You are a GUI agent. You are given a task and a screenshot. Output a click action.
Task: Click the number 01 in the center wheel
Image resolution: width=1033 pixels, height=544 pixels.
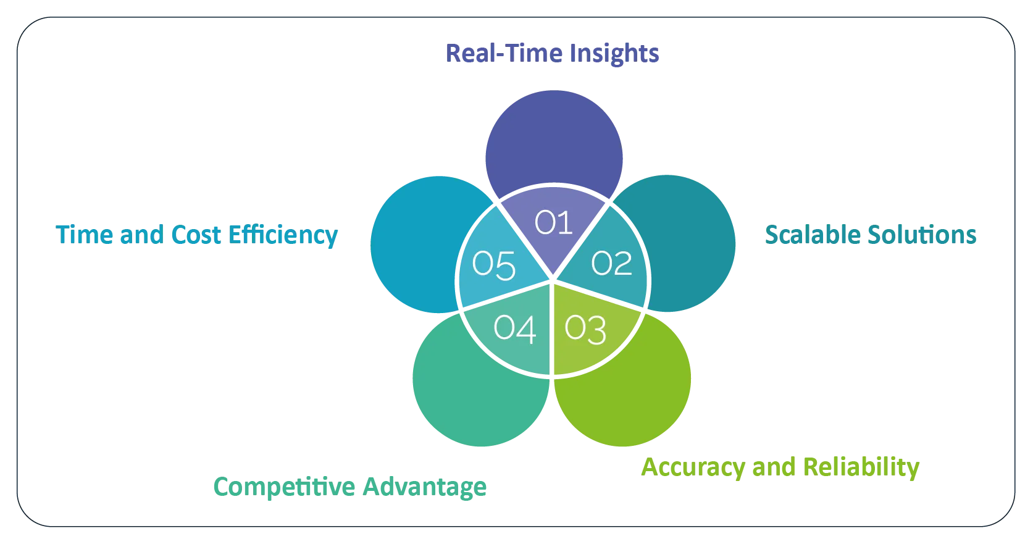(554, 222)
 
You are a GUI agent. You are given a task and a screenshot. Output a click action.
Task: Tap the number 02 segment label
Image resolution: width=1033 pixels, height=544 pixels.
(611, 264)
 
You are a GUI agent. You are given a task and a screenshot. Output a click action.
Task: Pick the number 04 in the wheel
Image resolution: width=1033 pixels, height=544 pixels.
(514, 328)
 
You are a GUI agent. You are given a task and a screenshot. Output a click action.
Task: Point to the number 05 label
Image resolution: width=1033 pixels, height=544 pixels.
(493, 265)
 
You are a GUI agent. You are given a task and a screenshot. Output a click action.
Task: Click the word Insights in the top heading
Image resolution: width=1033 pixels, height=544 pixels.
(614, 53)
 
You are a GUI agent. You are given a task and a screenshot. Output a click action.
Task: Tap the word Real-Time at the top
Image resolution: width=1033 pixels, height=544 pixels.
(503, 53)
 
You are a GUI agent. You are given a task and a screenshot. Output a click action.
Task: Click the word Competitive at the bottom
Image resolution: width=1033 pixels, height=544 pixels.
(283, 487)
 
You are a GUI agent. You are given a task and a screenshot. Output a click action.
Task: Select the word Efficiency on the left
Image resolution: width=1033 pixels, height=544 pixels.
(283, 235)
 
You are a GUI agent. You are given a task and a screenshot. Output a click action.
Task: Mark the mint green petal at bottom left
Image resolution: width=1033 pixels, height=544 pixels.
(469, 401)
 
